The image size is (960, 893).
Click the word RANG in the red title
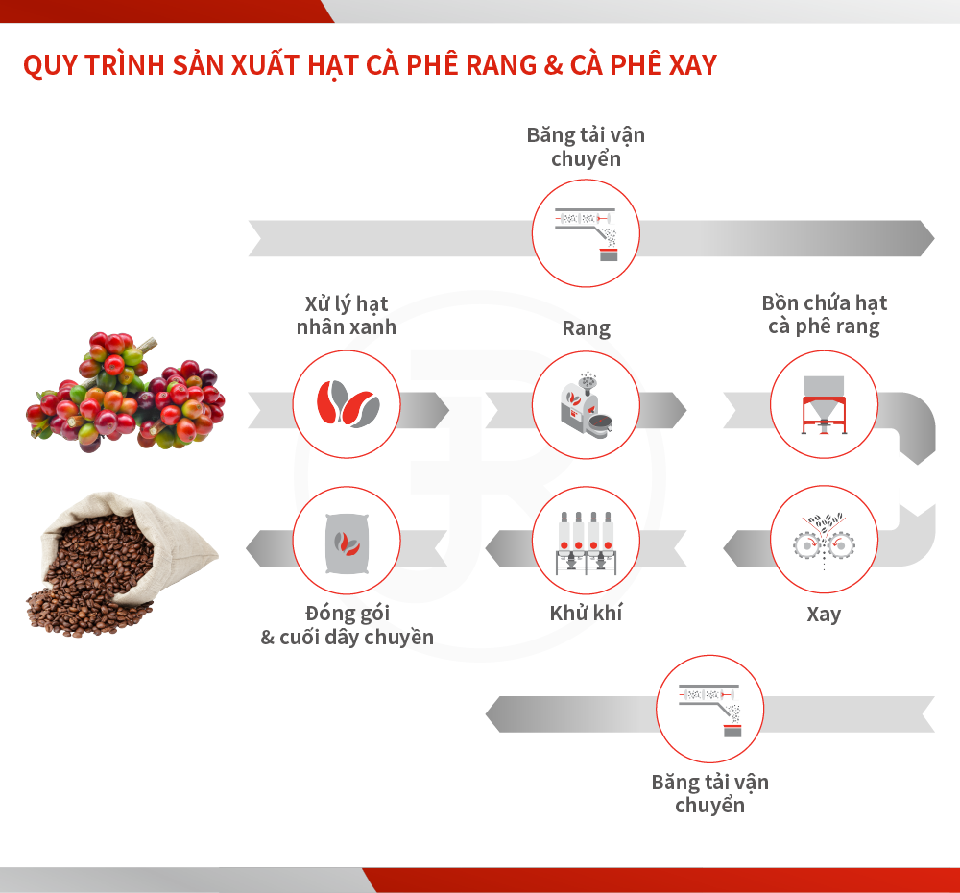[x=501, y=65]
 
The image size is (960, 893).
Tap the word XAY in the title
[x=693, y=65]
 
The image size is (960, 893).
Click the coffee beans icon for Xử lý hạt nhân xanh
[x=348, y=403]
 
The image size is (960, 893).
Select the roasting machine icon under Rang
[x=587, y=403]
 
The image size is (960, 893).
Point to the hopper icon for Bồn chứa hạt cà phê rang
[x=824, y=404]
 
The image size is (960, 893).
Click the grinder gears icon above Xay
[x=824, y=541]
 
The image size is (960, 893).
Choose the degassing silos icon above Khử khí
[x=587, y=543]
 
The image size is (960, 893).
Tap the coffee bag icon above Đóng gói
[x=348, y=543]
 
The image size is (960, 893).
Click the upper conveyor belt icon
[x=586, y=233]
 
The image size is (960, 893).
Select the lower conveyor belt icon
[x=710, y=710]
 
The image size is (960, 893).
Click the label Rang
[x=587, y=329]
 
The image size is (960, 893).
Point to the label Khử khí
[x=586, y=613]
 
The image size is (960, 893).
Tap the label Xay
[x=824, y=614]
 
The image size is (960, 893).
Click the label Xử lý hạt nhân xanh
[x=347, y=315]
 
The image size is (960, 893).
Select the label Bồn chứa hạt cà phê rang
[x=824, y=314]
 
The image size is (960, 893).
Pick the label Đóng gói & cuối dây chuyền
[x=348, y=625]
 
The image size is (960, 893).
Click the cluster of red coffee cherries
[x=126, y=393]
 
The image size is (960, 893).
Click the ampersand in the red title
[x=554, y=65]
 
